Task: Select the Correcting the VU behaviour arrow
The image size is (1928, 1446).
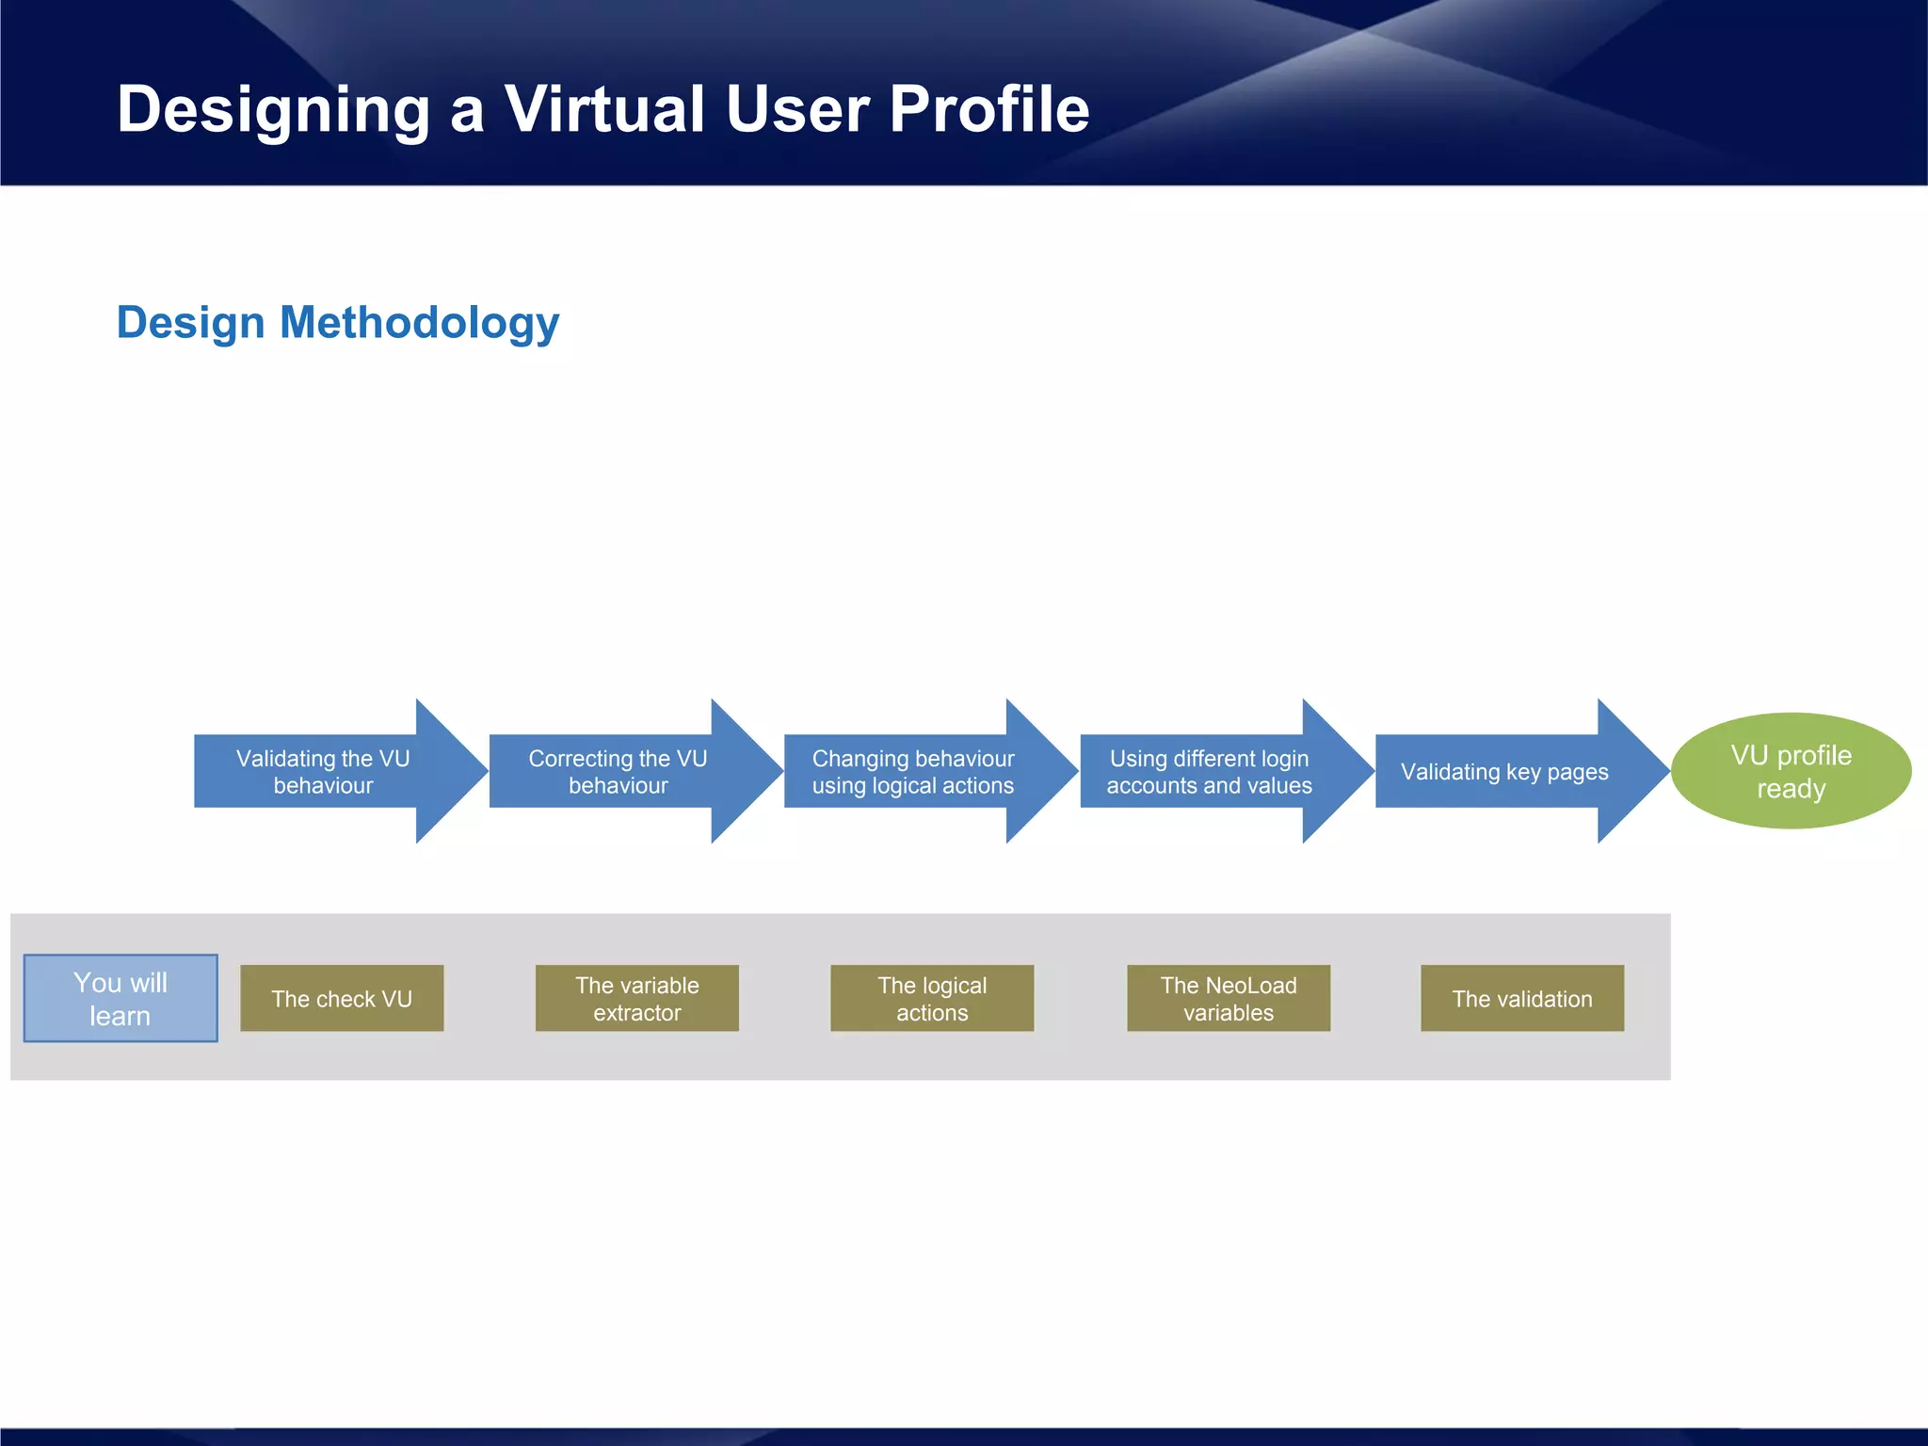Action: pos(619,771)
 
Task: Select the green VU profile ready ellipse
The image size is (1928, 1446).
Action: pos(1791,771)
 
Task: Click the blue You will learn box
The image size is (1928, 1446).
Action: pos(120,998)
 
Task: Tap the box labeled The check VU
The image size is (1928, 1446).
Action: pos(342,998)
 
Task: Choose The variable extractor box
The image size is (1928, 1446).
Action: pos(637,998)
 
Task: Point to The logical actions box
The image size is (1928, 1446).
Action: pos(932,998)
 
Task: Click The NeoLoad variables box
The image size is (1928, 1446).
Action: pos(1229,998)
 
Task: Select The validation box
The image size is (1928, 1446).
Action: pos(1522,998)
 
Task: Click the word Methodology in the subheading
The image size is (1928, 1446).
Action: pos(419,324)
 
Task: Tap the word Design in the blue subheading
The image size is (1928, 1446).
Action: pos(190,323)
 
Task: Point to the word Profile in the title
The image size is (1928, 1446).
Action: pos(988,109)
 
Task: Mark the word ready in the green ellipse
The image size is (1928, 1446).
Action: pos(1791,789)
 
